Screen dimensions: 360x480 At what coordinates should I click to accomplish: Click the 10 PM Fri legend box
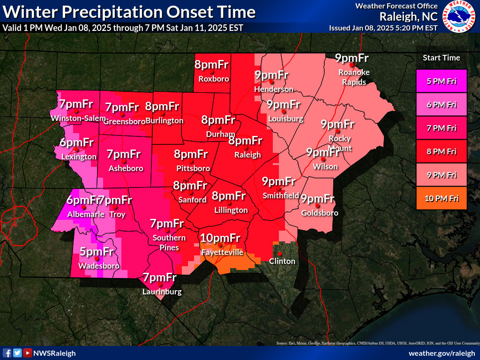click(x=441, y=198)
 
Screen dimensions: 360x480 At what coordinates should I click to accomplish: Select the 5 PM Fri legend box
click(x=441, y=81)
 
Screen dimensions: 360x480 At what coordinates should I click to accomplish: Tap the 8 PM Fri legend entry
click(x=441, y=151)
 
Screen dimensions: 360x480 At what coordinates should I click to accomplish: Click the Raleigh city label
click(x=248, y=155)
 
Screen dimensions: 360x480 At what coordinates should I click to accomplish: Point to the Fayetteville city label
click(x=222, y=252)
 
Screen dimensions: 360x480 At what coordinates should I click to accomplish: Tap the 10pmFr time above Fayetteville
click(x=220, y=238)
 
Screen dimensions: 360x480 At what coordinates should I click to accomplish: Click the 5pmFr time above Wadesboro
click(x=96, y=252)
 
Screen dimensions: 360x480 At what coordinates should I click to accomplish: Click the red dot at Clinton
click(x=280, y=254)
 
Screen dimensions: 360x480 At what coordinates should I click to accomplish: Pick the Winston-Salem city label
click(x=79, y=118)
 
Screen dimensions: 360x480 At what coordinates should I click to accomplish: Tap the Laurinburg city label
click(x=162, y=292)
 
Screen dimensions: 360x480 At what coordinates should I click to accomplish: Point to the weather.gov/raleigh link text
click(x=442, y=353)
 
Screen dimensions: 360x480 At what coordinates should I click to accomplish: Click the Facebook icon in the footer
click(x=7, y=353)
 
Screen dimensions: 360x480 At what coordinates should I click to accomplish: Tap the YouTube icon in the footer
click(x=28, y=353)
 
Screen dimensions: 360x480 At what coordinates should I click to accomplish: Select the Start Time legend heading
click(x=441, y=58)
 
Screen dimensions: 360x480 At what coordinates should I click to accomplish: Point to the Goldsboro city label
click(x=319, y=213)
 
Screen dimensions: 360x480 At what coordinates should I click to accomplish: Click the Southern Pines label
click(x=169, y=243)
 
